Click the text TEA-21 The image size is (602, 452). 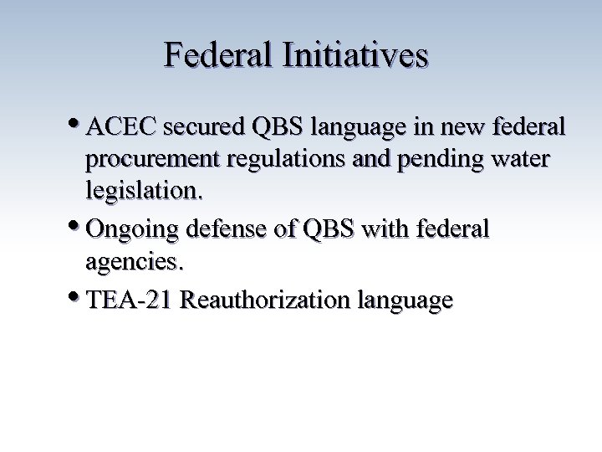point(130,299)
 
